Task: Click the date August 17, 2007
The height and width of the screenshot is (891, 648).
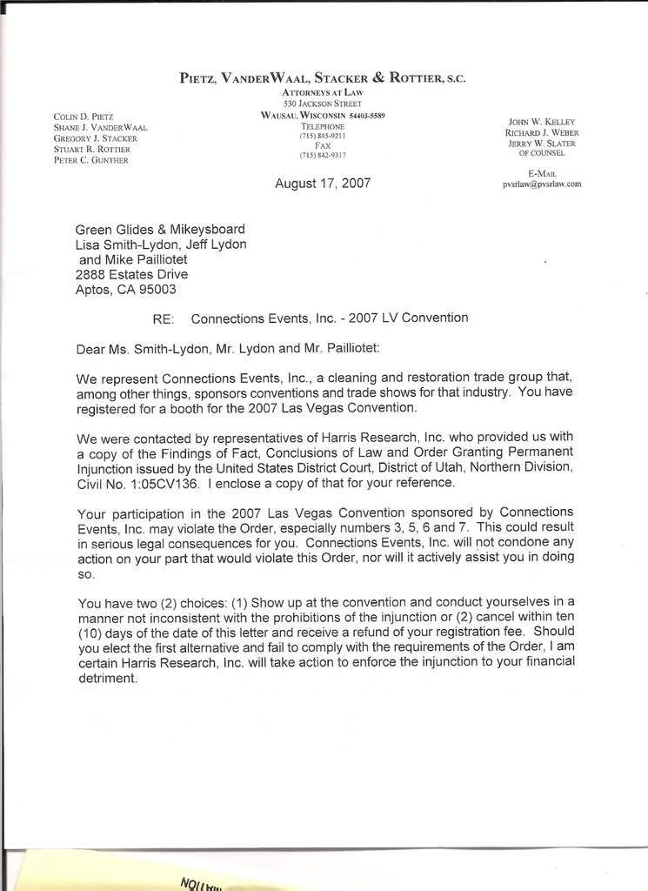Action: pyautogui.click(x=323, y=184)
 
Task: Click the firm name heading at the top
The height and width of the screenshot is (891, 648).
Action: pyautogui.click(x=323, y=77)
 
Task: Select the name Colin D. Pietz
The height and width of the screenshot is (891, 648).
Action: pyautogui.click(x=84, y=116)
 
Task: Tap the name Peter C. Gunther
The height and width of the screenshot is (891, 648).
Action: pyautogui.click(x=91, y=161)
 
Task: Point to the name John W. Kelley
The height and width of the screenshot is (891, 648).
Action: pyautogui.click(x=540, y=122)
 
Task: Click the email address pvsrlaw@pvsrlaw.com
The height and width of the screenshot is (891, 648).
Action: pyautogui.click(x=542, y=184)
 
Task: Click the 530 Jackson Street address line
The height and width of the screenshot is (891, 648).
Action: pyautogui.click(x=323, y=104)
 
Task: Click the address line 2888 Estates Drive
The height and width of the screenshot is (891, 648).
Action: pyautogui.click(x=131, y=275)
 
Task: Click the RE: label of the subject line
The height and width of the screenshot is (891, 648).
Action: pyautogui.click(x=164, y=319)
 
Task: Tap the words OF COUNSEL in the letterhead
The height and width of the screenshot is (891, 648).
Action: pyautogui.click(x=542, y=153)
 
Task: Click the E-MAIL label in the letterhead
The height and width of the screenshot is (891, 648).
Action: pyautogui.click(x=542, y=173)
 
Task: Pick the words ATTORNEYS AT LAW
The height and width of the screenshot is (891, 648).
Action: pyautogui.click(x=323, y=92)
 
